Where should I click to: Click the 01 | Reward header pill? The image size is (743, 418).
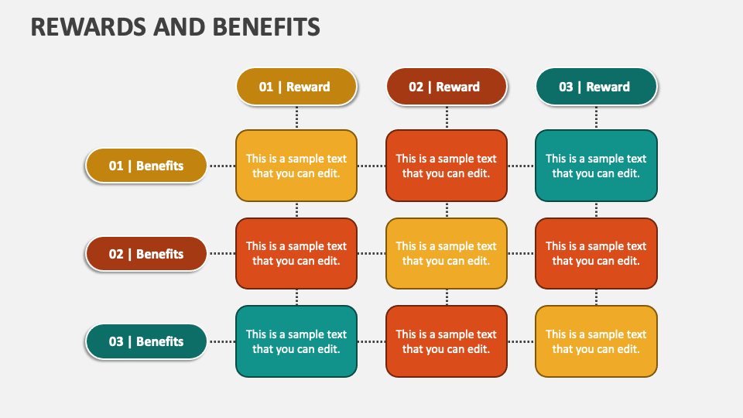[296, 87]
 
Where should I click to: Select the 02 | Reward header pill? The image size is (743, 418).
[447, 87]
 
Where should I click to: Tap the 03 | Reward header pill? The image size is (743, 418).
[596, 87]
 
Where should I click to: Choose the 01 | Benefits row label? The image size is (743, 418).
[146, 166]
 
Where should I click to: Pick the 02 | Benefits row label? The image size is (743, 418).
[146, 254]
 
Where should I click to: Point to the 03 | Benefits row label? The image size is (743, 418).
[146, 341]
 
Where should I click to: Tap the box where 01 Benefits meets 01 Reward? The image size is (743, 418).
[296, 166]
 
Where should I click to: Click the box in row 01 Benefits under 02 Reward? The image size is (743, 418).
[447, 166]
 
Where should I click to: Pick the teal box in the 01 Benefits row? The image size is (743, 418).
[596, 166]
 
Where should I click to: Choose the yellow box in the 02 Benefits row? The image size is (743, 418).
[447, 254]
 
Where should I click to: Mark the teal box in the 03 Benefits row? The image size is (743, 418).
[296, 341]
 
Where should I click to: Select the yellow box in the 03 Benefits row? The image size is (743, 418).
[596, 341]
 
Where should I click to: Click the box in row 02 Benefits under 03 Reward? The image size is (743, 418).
[596, 254]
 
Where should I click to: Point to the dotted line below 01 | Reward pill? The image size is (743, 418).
[296, 118]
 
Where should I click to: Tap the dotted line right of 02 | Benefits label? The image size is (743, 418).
[222, 254]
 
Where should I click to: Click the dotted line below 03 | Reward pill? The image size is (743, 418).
[596, 118]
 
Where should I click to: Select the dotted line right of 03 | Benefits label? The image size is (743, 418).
[222, 341]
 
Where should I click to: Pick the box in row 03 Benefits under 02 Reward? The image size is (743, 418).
[447, 341]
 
